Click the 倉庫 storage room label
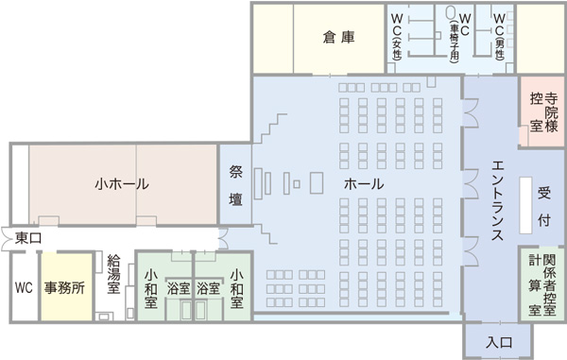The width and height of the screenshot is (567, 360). point(337,38)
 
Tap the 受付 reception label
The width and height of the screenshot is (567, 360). point(544,202)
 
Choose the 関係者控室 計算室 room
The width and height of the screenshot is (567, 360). point(542,284)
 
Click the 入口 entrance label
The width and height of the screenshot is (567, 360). point(499,342)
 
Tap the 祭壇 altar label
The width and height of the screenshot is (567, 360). point(236,185)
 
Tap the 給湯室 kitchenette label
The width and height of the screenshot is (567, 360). point(113,274)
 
